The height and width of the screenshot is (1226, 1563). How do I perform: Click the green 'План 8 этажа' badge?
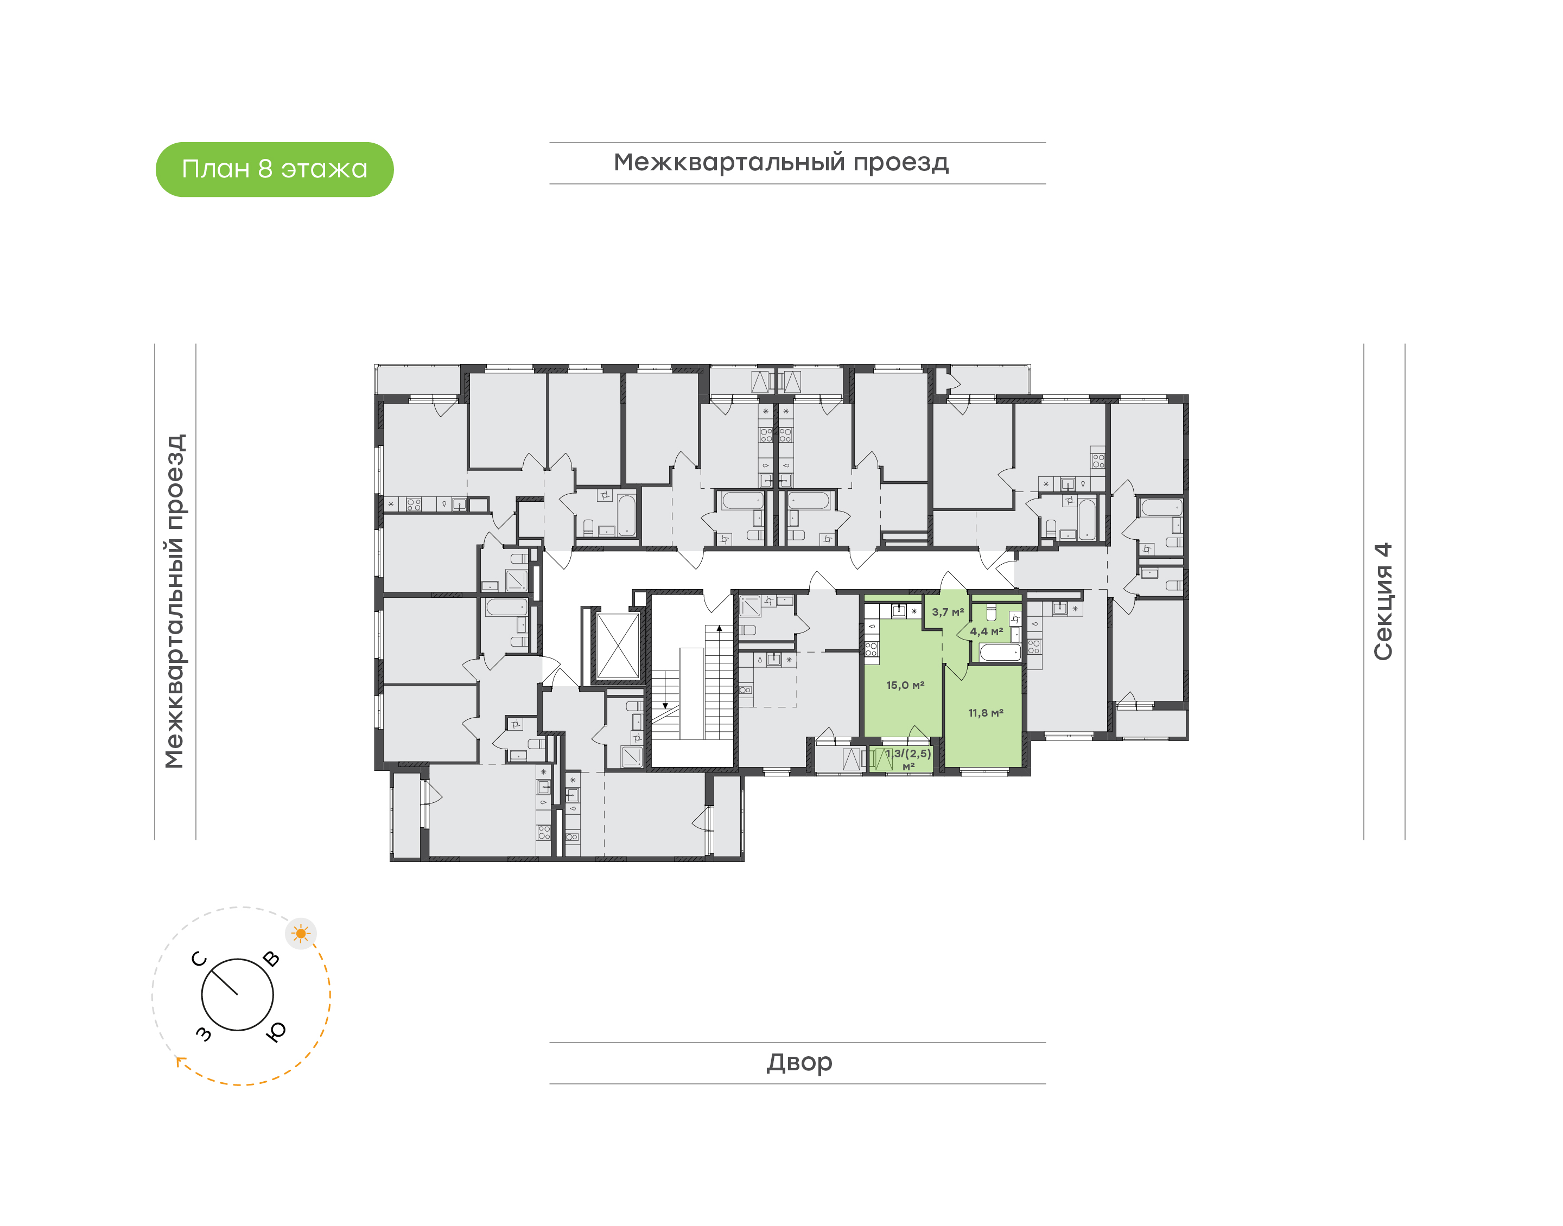click(274, 169)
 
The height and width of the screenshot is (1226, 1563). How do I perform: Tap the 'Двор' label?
click(799, 1062)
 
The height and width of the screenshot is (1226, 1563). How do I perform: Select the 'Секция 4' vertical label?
click(1383, 602)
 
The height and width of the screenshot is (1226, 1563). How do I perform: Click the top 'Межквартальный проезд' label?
click(781, 163)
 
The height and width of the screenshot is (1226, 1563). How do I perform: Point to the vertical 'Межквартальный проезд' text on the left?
click(174, 602)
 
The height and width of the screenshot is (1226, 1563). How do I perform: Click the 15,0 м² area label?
click(905, 686)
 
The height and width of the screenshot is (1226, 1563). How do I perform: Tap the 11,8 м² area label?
click(986, 713)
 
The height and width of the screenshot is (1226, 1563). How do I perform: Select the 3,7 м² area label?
click(948, 612)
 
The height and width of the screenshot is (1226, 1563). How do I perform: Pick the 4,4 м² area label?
click(987, 631)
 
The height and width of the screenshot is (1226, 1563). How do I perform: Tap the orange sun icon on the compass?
click(301, 934)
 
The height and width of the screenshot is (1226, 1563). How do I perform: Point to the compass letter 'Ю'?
click(276, 1031)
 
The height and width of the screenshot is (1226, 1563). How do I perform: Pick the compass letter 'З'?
click(204, 1033)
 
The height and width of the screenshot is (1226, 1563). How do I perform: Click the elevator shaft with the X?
click(618, 646)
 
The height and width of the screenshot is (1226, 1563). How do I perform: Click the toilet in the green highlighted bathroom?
click(992, 612)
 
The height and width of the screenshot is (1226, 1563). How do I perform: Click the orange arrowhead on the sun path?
click(180, 1061)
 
